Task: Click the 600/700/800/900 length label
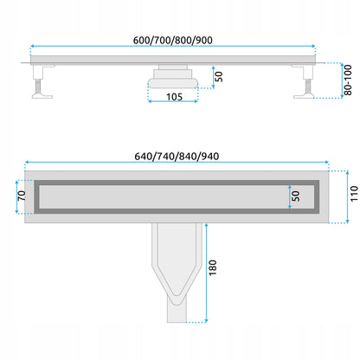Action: [x=173, y=41]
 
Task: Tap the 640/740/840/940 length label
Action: [x=177, y=157]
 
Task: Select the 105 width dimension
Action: [x=174, y=97]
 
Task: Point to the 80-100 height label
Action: [x=348, y=80]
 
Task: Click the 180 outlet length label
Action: [x=213, y=267]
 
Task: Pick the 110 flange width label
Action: [x=354, y=194]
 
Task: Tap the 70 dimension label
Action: [x=22, y=196]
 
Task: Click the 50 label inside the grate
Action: [x=296, y=196]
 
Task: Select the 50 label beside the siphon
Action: [x=219, y=76]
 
